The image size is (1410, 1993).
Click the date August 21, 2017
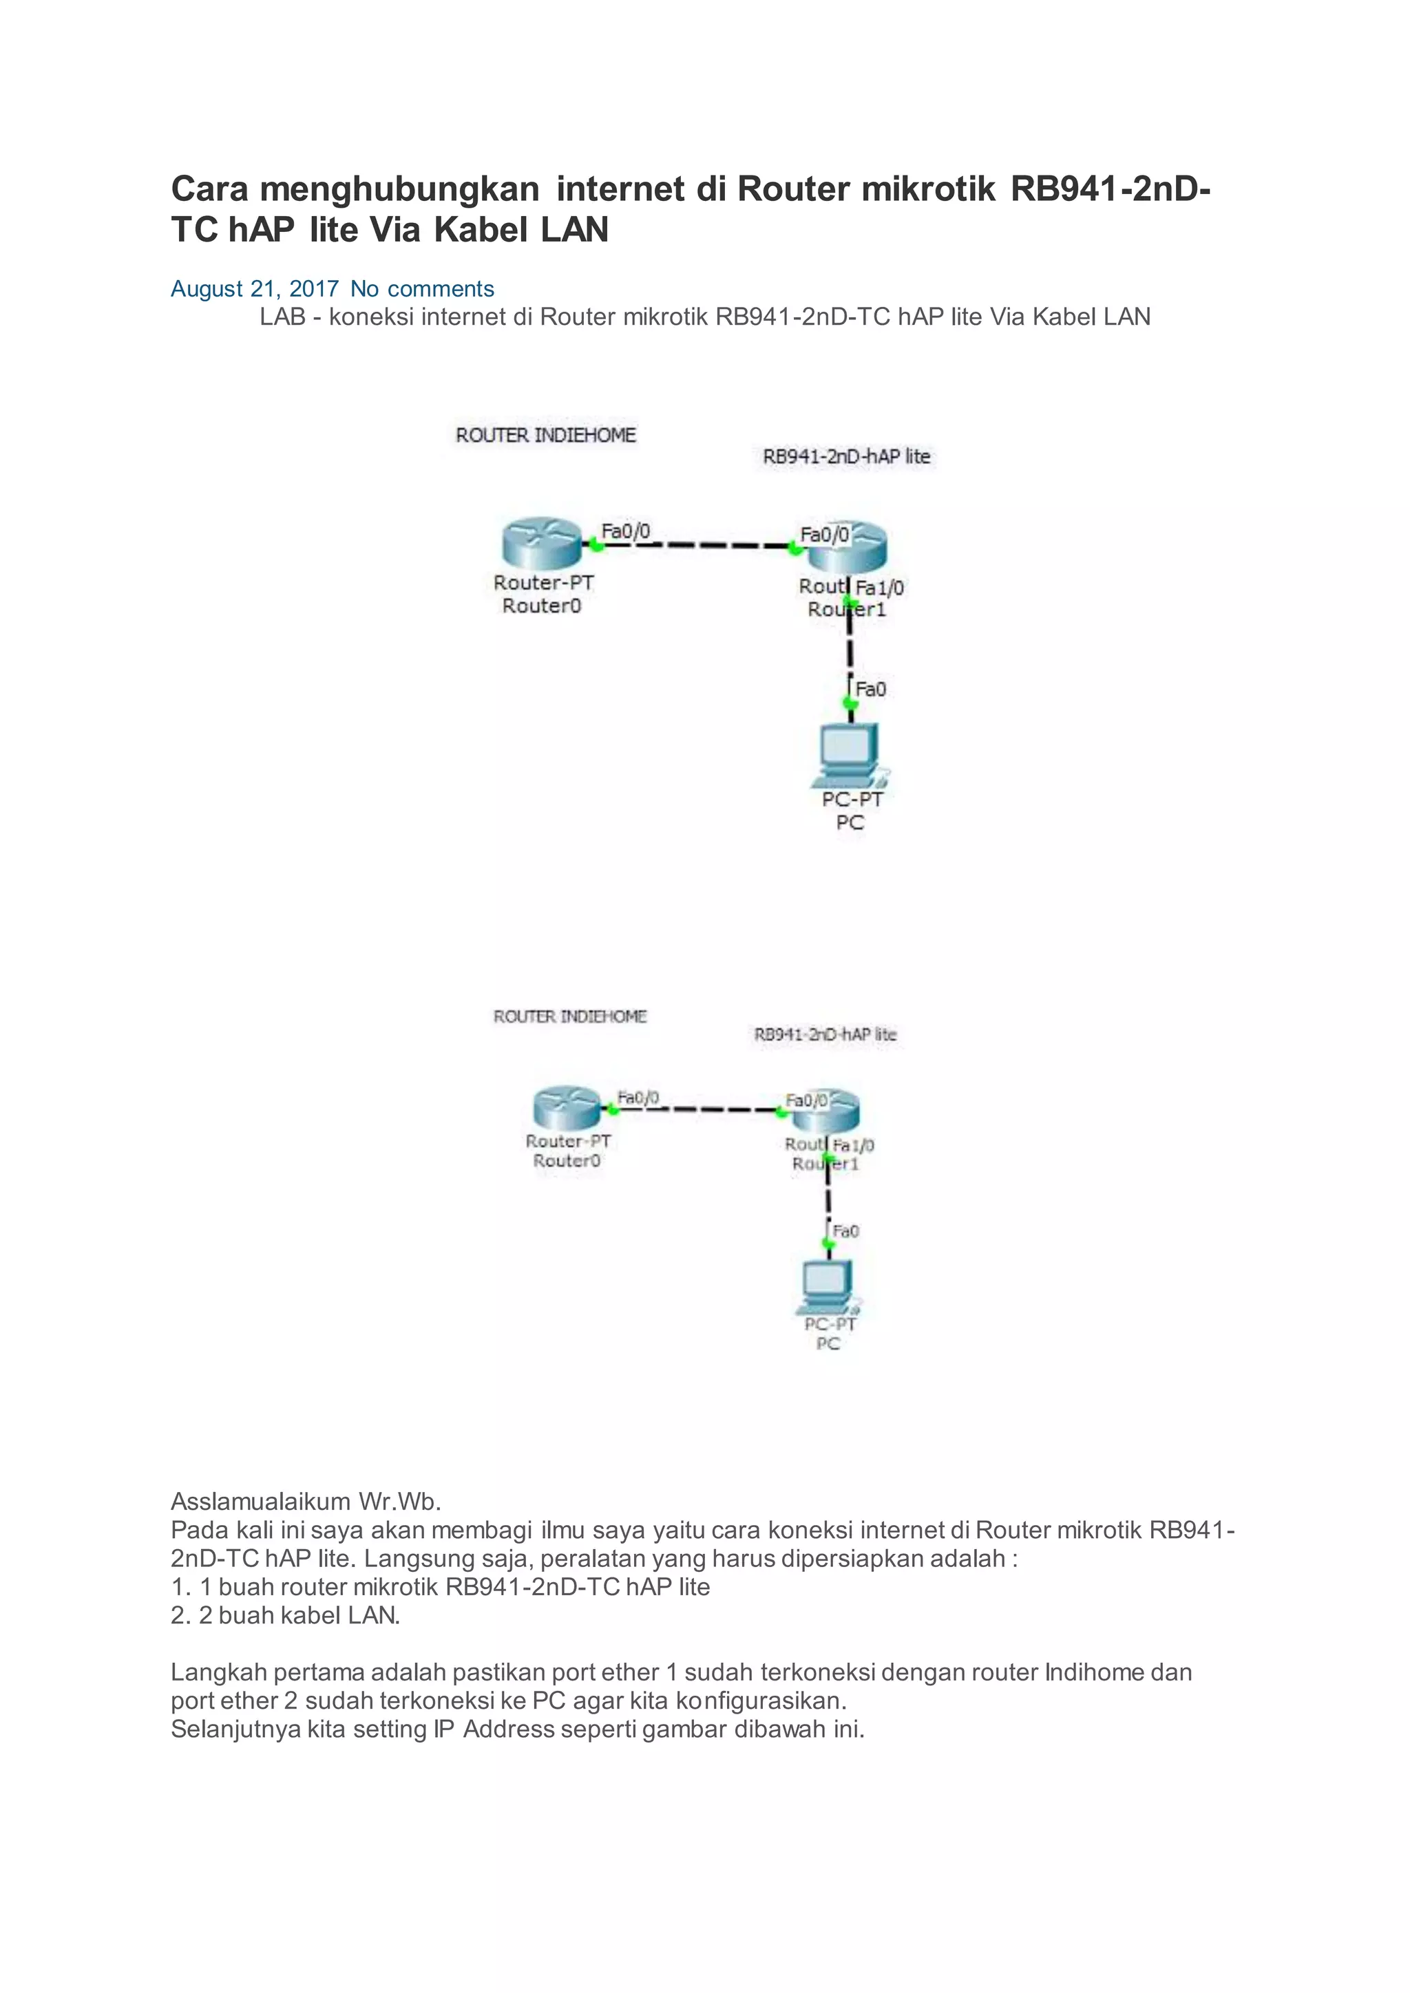[253, 289]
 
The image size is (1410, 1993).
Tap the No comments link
[422, 289]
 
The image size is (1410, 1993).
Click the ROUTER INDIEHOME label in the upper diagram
[545, 435]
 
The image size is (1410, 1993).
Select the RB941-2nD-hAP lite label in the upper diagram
[845, 456]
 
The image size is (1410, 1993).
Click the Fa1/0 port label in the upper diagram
[879, 588]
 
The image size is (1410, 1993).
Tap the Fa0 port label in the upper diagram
[871, 689]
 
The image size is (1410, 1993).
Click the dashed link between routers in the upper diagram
[695, 546]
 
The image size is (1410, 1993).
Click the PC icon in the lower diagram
[829, 1288]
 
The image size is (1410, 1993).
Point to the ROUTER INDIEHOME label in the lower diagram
[569, 1016]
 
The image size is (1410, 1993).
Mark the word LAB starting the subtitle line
[282, 318]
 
